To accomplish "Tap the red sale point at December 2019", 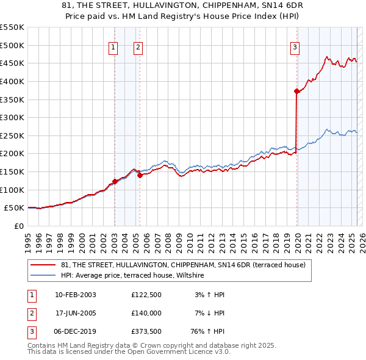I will point(296,92).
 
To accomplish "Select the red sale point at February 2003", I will point(115,182).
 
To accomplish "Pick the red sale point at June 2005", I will point(140,175).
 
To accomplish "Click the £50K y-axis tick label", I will point(15,208).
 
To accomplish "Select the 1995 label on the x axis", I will point(28,237).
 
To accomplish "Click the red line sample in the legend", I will point(43,264).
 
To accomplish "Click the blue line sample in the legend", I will point(43,275).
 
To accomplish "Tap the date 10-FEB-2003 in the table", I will point(75,295).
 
